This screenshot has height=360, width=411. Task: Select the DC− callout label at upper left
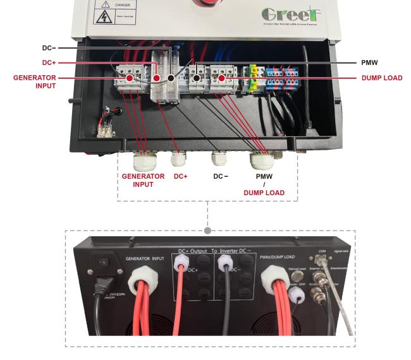[49, 48]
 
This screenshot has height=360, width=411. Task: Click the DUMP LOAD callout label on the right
[382, 78]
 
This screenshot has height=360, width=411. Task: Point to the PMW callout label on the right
[369, 63]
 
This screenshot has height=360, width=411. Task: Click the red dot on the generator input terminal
[129, 78]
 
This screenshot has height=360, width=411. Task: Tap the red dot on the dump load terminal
[221, 78]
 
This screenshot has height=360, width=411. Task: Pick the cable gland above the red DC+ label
[179, 157]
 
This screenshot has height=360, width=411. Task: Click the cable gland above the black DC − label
[219, 158]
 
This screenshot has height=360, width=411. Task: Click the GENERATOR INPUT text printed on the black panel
[145, 259]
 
